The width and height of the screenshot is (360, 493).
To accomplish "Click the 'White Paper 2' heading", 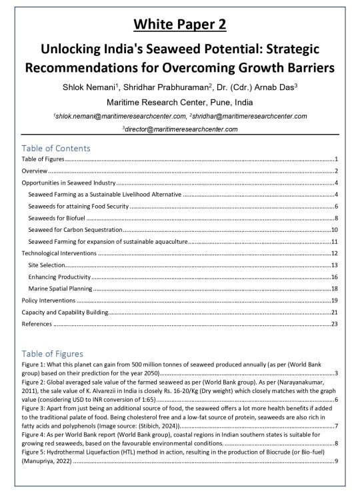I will pos(180,25).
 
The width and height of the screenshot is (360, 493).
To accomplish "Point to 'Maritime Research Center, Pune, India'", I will pos(180,103).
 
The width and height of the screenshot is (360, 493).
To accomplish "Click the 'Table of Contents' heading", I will pos(56,148).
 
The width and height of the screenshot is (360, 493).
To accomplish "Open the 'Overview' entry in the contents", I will pos(35,171).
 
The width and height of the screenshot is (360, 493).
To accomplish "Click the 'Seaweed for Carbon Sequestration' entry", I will pos(75,230).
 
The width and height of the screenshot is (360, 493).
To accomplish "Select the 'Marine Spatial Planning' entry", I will pos(61,288).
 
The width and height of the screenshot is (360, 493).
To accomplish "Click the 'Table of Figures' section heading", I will pos(53,353).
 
